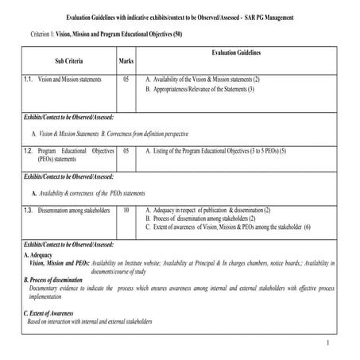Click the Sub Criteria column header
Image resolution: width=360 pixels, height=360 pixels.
[x=68, y=60]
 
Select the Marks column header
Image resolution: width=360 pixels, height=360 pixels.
[x=126, y=60]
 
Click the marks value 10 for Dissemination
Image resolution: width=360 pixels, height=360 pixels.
[x=126, y=210]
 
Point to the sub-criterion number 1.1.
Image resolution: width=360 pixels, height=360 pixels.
[x=28, y=80]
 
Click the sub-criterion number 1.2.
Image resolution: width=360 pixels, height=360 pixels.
[x=28, y=150]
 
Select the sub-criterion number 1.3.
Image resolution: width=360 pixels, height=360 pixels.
[x=28, y=210]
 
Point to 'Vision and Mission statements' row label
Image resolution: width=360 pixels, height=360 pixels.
[x=72, y=80]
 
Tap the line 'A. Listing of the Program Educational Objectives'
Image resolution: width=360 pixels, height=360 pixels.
[x=215, y=150]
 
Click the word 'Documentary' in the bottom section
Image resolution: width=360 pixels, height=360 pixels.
[x=47, y=288]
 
